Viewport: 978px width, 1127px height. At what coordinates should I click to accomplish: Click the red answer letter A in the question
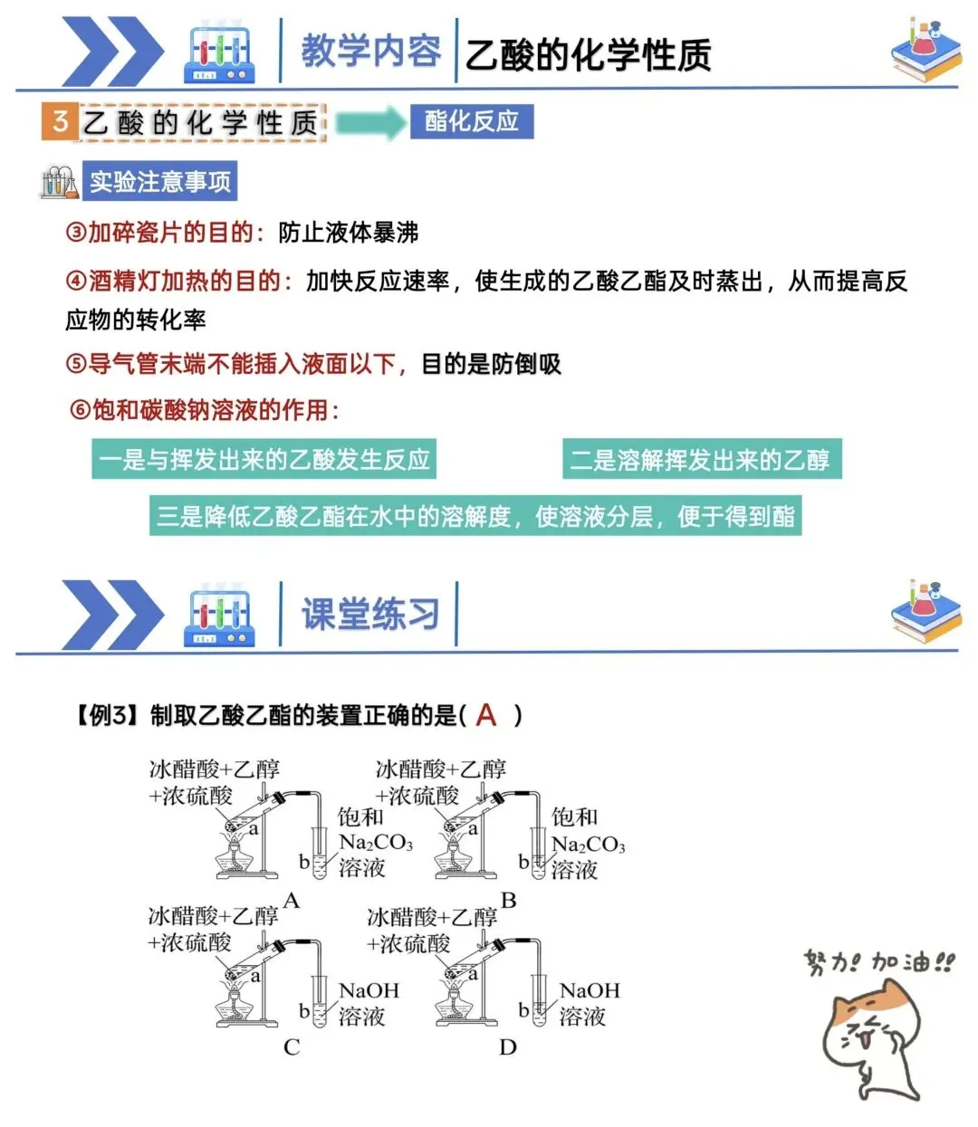(x=486, y=715)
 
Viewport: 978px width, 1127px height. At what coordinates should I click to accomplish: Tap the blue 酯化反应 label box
(x=471, y=121)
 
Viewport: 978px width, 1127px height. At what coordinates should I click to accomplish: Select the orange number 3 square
(x=60, y=121)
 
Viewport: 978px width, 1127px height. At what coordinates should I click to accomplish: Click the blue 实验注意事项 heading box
(x=159, y=182)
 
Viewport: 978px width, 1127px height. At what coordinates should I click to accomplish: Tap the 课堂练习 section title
(x=370, y=615)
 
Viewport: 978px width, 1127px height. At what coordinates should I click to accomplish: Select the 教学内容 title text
(x=370, y=51)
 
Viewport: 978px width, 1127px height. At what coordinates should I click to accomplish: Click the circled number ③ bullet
(x=75, y=233)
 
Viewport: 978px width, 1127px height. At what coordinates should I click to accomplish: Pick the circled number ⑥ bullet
(x=80, y=410)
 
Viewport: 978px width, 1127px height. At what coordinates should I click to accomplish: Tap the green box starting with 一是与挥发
(x=264, y=460)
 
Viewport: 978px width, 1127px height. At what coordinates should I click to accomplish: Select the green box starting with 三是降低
(x=475, y=516)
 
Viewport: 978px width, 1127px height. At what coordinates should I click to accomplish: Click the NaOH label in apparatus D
(x=590, y=991)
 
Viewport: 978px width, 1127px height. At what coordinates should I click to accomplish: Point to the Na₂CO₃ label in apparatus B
(x=589, y=845)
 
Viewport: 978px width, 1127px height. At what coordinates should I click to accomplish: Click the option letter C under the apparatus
(x=292, y=1047)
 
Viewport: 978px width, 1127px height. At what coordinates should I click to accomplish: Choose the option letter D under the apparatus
(x=508, y=1047)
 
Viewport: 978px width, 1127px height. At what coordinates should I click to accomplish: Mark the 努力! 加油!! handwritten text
(x=878, y=961)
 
